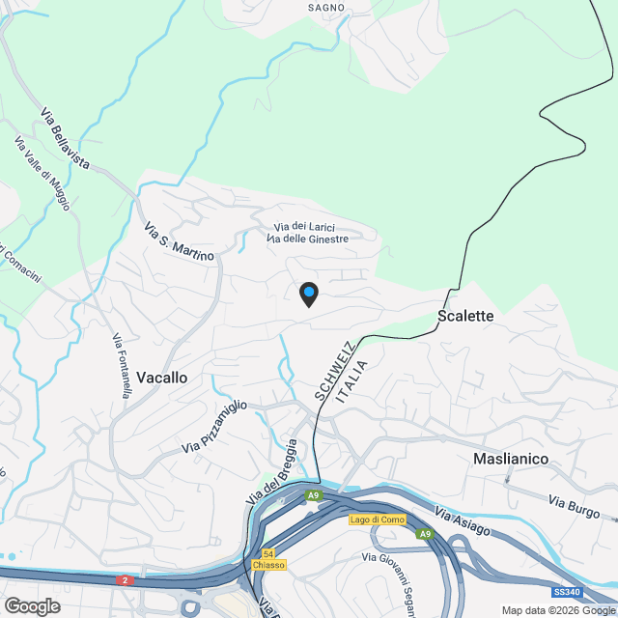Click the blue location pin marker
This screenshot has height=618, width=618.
[308, 294]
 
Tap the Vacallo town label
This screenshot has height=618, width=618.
[161, 378]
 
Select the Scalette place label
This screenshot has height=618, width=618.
[465, 316]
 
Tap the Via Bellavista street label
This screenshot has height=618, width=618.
[66, 141]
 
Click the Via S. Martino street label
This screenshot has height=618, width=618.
[179, 241]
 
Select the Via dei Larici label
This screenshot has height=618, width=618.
[304, 226]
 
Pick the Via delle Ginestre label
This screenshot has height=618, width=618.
[307, 239]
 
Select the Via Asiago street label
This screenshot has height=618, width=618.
[463, 521]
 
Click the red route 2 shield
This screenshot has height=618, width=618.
[124, 580]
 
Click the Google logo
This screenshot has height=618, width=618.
[32, 606]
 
